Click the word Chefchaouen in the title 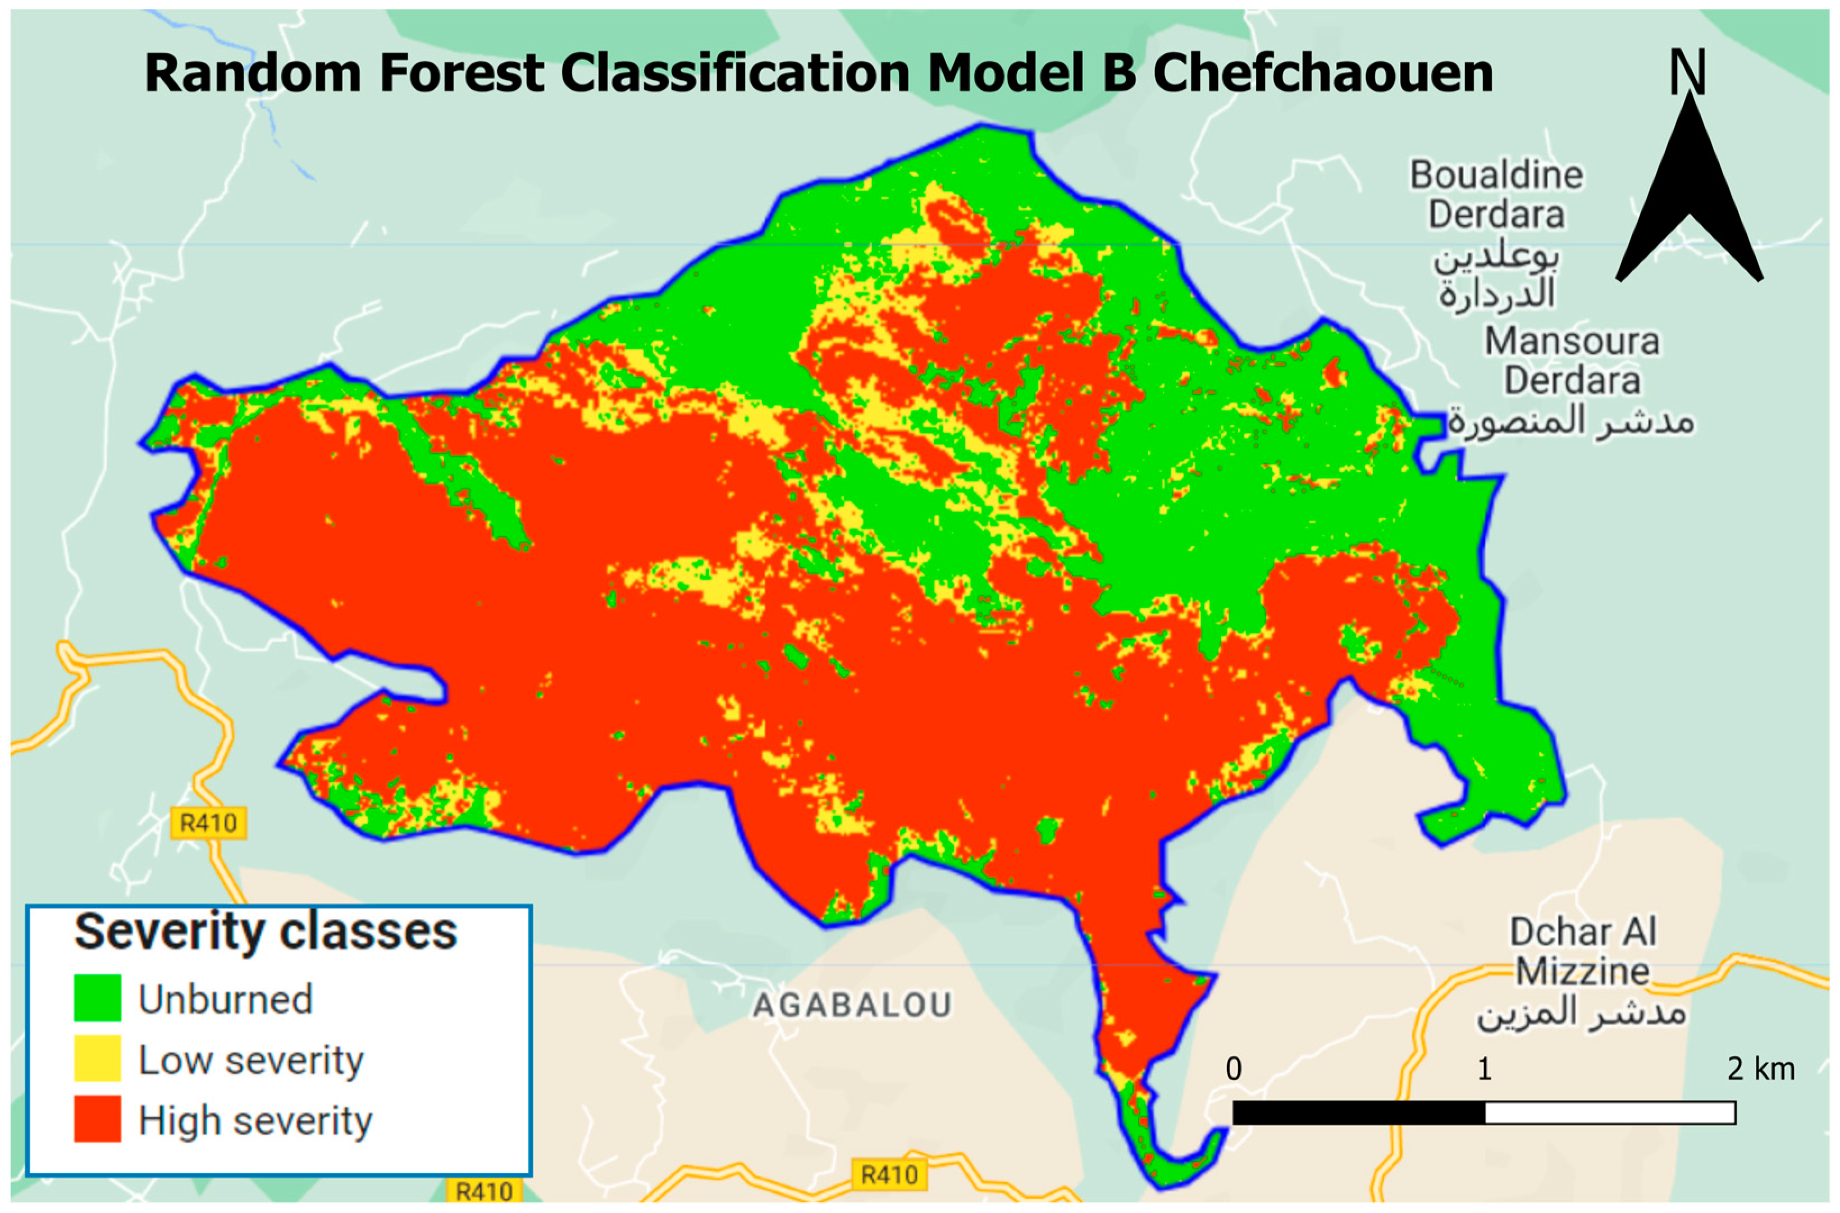click(x=1322, y=74)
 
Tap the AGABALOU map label click(x=852, y=1006)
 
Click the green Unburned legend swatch click(x=98, y=998)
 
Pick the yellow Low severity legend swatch click(x=98, y=1058)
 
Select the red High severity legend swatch click(x=98, y=1119)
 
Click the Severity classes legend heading click(x=265, y=932)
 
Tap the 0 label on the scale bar click(x=1234, y=1070)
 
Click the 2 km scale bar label click(x=1760, y=1070)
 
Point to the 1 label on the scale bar click(x=1483, y=1070)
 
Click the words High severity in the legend click(x=255, y=1120)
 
